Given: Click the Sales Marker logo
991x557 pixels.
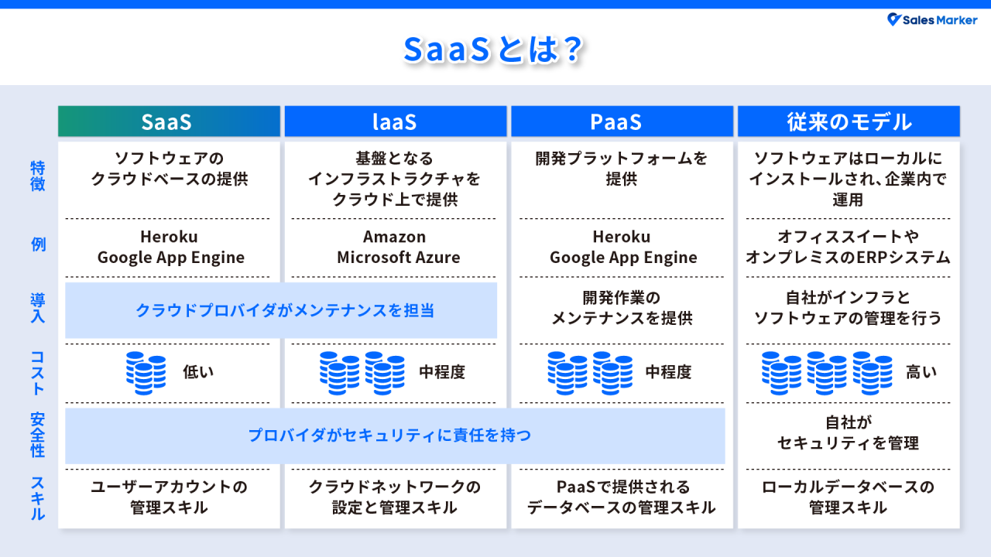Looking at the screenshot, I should (932, 20).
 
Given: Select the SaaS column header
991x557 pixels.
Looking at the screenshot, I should (169, 121).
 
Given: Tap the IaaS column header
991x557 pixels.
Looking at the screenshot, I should (395, 121).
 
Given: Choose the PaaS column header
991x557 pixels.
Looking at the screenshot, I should (621, 121).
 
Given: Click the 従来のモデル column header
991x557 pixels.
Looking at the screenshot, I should (849, 121).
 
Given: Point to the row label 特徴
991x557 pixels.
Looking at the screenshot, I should (37, 176).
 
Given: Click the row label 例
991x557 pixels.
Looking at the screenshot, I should (37, 245).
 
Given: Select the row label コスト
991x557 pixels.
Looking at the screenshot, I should (37, 372).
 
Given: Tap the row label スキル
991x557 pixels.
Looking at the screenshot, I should (37, 497).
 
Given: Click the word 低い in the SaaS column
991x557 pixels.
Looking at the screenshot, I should (198, 372).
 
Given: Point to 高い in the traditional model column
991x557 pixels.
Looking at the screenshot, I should (921, 372).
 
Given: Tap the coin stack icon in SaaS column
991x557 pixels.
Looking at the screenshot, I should (146, 372).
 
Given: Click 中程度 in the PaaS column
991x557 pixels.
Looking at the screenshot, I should (668, 372).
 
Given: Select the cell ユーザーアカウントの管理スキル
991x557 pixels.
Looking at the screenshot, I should (169, 497).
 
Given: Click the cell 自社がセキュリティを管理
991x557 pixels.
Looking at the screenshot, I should (848, 432).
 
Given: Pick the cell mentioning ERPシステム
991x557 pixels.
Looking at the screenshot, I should (848, 248).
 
